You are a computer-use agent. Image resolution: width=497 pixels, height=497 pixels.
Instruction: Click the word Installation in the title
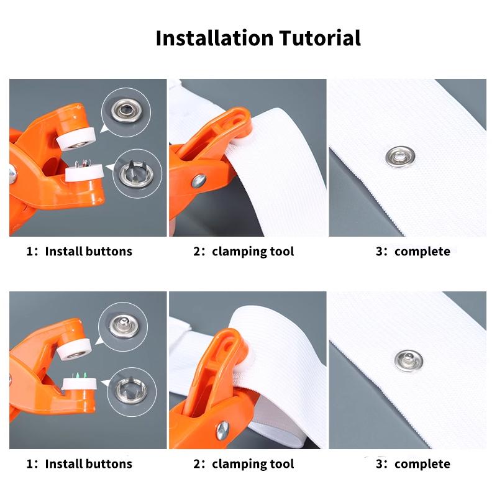click(x=214, y=38)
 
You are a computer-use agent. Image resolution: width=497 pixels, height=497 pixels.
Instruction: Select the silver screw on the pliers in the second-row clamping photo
click(x=222, y=429)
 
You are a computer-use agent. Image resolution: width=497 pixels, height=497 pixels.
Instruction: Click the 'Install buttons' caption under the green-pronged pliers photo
click(x=79, y=463)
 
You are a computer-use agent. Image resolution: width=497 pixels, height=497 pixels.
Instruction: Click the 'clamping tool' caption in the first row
click(x=244, y=252)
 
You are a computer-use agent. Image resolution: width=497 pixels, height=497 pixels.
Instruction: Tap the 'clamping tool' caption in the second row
click(x=244, y=463)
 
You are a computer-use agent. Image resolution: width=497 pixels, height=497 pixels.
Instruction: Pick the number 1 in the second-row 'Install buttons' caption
click(x=29, y=463)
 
